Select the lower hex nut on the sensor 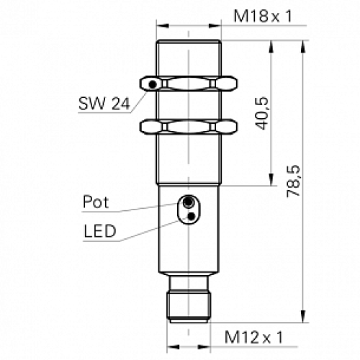(189, 127)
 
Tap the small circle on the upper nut (153, 86)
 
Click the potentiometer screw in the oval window (189, 202)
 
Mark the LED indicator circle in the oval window (189, 214)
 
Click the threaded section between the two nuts (189, 107)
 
